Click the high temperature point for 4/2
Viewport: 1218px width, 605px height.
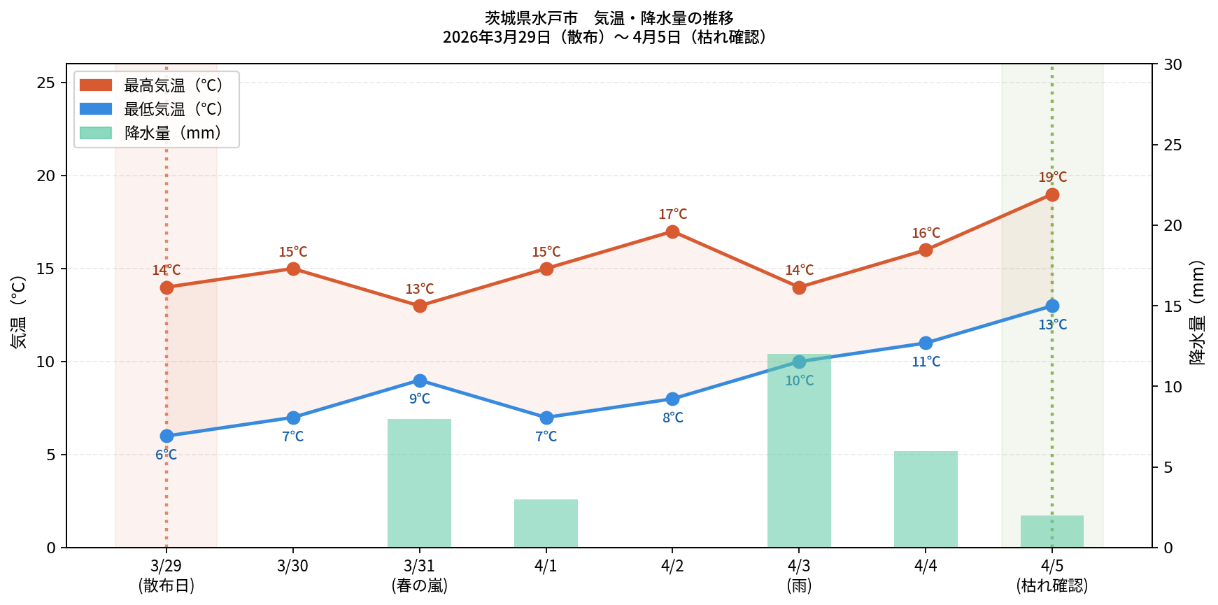click(x=672, y=232)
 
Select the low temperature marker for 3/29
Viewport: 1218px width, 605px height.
click(x=167, y=436)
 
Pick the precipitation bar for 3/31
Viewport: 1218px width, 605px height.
click(x=419, y=483)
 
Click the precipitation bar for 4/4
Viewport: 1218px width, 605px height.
click(x=926, y=499)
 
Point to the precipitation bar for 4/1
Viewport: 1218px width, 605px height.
click(x=546, y=523)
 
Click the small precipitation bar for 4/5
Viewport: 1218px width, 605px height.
click(x=1051, y=532)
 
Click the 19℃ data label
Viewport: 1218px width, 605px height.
click(x=1052, y=178)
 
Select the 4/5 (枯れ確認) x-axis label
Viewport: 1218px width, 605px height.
click(x=1051, y=576)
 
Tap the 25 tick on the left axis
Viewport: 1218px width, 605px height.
click(x=46, y=83)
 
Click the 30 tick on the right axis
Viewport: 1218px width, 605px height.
click(x=1173, y=65)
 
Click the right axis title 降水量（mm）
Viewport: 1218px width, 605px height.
click(x=1197, y=313)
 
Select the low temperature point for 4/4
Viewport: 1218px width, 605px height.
click(x=926, y=343)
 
